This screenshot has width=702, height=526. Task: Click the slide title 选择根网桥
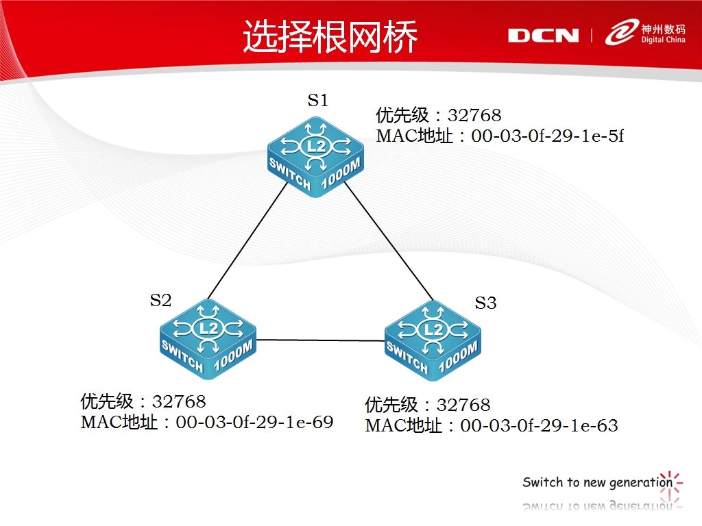point(330,36)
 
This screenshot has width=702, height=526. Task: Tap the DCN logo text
point(543,36)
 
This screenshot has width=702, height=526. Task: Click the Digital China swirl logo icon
point(621,32)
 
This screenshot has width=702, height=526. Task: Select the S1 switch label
point(318,100)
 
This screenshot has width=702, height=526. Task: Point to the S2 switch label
point(160,300)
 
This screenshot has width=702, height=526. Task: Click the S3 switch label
point(486,303)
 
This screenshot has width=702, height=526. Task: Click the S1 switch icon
point(316,157)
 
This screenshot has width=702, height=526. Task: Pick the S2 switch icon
point(208,339)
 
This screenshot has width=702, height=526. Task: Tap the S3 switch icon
point(433,340)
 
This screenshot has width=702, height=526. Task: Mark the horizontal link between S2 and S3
point(321,340)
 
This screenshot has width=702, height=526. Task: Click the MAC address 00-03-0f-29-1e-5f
point(548,136)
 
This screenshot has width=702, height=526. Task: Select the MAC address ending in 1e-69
point(254,422)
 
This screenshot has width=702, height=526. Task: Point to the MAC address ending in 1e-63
point(539,425)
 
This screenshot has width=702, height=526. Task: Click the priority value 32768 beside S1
point(474,115)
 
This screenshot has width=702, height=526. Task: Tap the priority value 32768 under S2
point(179,401)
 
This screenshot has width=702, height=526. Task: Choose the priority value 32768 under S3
point(463,405)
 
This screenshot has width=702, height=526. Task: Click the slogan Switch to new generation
point(598,482)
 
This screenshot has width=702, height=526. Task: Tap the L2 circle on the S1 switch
point(316,147)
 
